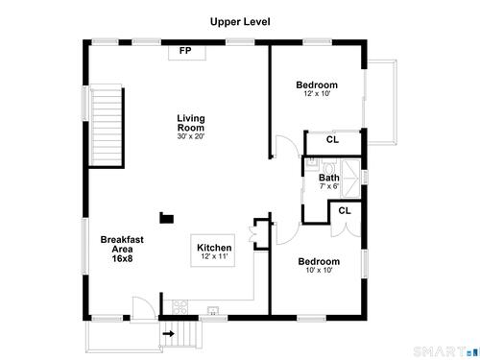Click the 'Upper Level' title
[x=240, y=22]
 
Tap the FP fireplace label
[x=185, y=50]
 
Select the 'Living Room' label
[x=191, y=123]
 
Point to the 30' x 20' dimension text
[x=191, y=136]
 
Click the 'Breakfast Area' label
[x=122, y=244]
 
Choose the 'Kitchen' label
[x=214, y=248]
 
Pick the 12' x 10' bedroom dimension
[x=317, y=94]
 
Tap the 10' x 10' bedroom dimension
[x=319, y=270]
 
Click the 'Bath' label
[x=329, y=178]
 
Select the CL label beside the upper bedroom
[x=332, y=139]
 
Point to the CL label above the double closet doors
[x=345, y=210]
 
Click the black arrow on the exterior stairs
[x=168, y=334]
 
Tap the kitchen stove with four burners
[x=180, y=307]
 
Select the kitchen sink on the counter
[x=213, y=310]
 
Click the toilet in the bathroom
[x=329, y=167]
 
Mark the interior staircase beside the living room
[x=107, y=126]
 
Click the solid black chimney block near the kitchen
[x=167, y=218]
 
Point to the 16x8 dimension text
[x=122, y=258]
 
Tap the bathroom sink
[x=311, y=164]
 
